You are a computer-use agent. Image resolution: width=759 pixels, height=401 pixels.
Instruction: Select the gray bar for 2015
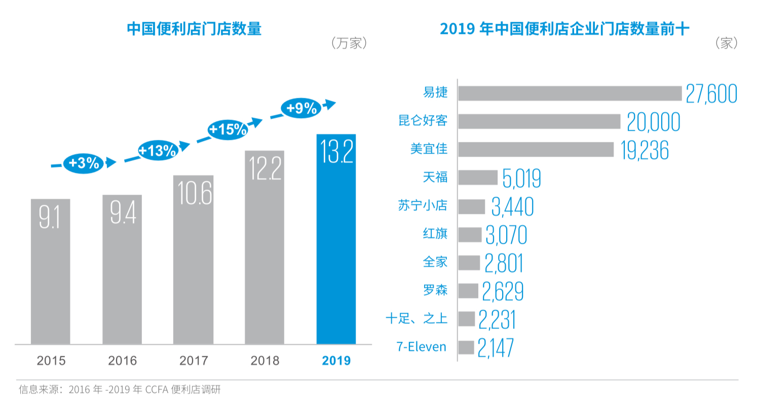pyautogui.click(x=50, y=272)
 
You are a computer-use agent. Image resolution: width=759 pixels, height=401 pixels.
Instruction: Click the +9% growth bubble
pyautogui.click(x=301, y=108)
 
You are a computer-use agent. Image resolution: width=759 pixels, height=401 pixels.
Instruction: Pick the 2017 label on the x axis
pyautogui.click(x=194, y=361)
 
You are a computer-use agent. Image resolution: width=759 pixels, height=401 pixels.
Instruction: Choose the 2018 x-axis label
pyautogui.click(x=264, y=361)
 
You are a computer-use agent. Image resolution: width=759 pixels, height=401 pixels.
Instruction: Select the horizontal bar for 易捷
pyautogui.click(x=570, y=93)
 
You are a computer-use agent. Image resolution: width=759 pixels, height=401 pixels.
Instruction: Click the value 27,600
pyautogui.click(x=711, y=94)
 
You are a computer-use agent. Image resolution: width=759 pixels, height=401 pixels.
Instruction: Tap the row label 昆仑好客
pyautogui.click(x=423, y=121)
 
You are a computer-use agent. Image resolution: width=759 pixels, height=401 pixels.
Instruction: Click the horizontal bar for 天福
pyautogui.click(x=478, y=177)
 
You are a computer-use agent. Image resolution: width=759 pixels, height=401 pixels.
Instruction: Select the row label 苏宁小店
pyautogui.click(x=423, y=206)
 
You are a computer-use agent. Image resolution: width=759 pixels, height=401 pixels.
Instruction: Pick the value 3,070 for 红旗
pyautogui.click(x=506, y=235)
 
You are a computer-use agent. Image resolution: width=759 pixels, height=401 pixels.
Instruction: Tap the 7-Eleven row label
pyautogui.click(x=422, y=347)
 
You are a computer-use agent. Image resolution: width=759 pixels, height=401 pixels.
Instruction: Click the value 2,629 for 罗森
pyautogui.click(x=503, y=291)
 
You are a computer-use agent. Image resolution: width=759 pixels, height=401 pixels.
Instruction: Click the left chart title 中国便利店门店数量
pyautogui.click(x=194, y=29)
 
